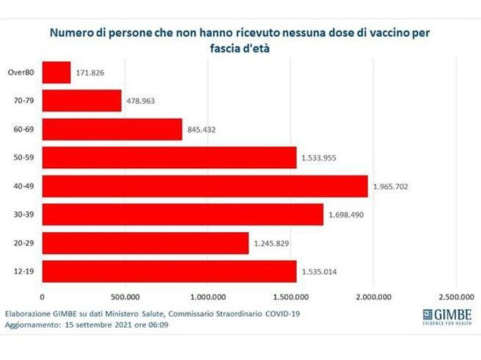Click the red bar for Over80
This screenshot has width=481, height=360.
(x=57, y=73)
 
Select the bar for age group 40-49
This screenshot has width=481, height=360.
(x=205, y=186)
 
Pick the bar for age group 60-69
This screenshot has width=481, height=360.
(x=113, y=129)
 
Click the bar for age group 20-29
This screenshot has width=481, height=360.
(x=145, y=243)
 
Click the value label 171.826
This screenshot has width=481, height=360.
(x=93, y=73)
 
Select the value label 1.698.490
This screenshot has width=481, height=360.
(x=349, y=215)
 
